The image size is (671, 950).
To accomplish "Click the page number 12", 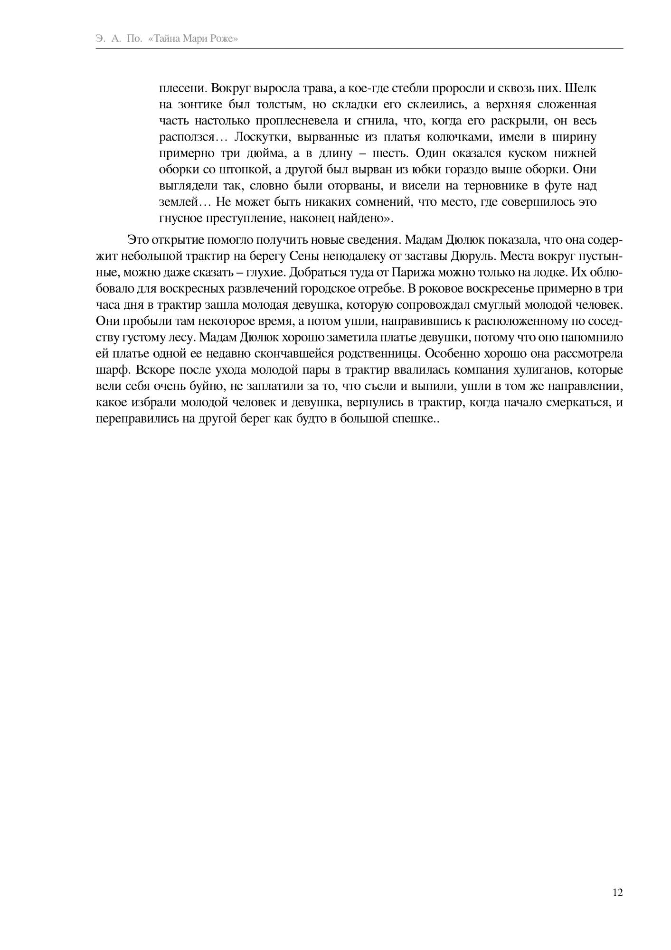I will [617, 892].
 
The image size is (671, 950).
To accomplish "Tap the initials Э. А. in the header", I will [109, 39].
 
